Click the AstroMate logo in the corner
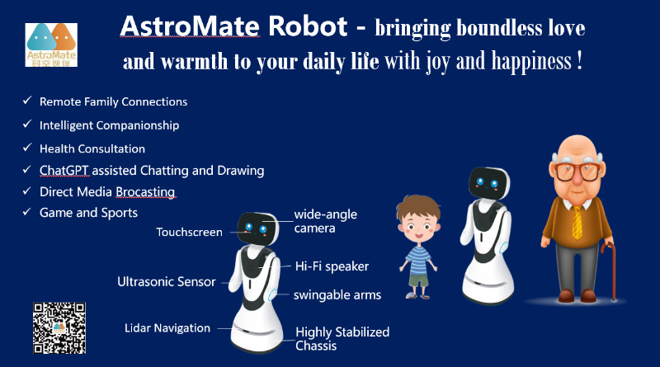pyautogui.click(x=51, y=45)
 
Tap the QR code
pyautogui.click(x=59, y=328)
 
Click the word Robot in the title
pyautogui.click(x=308, y=26)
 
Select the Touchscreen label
pyautogui.click(x=189, y=233)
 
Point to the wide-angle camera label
pyautogui.click(x=325, y=221)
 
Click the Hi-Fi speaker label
pyautogui.click(x=332, y=266)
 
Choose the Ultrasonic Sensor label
pyautogui.click(x=167, y=281)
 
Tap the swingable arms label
pyautogui.click(x=337, y=295)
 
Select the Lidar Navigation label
pyautogui.click(x=167, y=328)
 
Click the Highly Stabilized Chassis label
pyautogui.click(x=342, y=339)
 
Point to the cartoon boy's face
pyautogui.click(x=418, y=228)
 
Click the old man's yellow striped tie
pyautogui.click(x=577, y=222)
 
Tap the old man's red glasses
pyautogui.click(x=577, y=172)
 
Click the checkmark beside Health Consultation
pyautogui.click(x=27, y=148)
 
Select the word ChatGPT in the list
pyautogui.click(x=64, y=171)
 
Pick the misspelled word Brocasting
pyautogui.click(x=145, y=192)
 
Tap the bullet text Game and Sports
pyautogui.click(x=88, y=213)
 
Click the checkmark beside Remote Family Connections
pyautogui.click(x=27, y=100)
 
